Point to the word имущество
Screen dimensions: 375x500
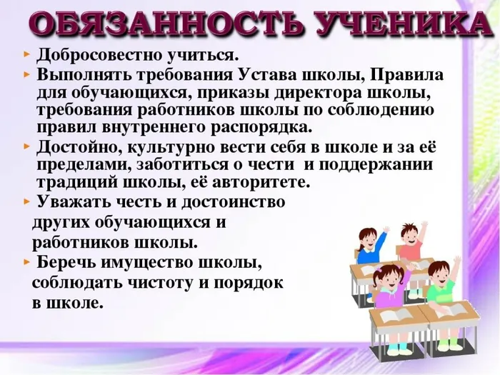[164, 261]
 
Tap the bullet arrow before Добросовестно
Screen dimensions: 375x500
[27, 56]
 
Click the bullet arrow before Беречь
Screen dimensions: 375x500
[27, 260]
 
